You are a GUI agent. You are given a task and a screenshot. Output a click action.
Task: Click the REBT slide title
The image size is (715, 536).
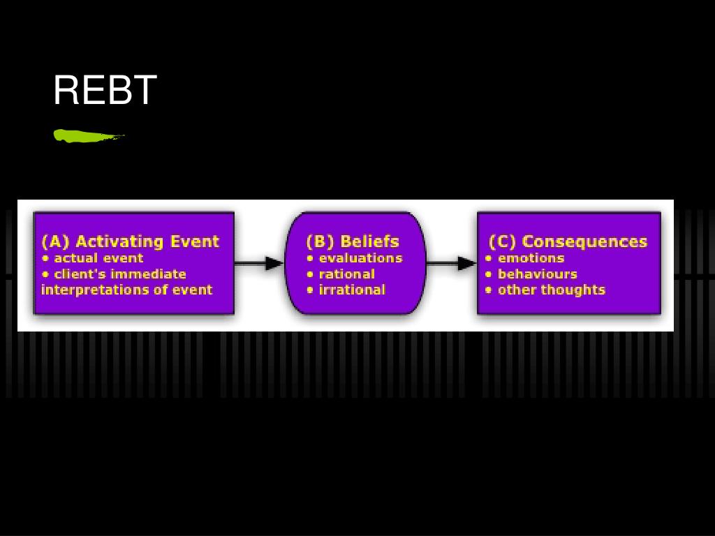click(x=105, y=91)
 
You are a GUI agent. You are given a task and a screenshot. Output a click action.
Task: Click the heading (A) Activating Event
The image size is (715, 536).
click(x=131, y=241)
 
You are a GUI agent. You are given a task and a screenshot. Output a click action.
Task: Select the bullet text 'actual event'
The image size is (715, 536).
click(x=98, y=258)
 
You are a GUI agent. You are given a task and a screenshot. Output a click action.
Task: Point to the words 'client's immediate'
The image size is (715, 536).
click(x=119, y=274)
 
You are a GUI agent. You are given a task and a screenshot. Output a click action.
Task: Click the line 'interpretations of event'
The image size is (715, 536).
click(x=126, y=290)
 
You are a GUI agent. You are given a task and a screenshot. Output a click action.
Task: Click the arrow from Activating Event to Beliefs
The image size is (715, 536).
click(x=258, y=263)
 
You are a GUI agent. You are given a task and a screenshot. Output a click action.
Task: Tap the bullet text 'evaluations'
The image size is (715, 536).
click(x=360, y=258)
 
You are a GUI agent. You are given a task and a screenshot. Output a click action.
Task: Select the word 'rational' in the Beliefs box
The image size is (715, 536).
click(x=346, y=274)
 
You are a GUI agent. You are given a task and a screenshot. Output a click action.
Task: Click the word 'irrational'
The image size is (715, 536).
click(x=351, y=290)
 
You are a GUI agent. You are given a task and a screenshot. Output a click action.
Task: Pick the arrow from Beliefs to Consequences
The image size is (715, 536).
click(x=450, y=263)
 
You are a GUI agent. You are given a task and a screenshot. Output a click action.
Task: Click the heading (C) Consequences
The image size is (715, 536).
click(x=568, y=241)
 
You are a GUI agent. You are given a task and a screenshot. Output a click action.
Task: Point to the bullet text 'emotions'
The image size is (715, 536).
click(x=530, y=258)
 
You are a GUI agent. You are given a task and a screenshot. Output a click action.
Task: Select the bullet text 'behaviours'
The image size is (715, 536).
click(x=537, y=274)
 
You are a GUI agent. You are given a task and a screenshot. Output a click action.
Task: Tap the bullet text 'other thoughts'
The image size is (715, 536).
click(x=551, y=290)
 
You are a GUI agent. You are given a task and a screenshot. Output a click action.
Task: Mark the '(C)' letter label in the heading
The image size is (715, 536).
click(x=502, y=241)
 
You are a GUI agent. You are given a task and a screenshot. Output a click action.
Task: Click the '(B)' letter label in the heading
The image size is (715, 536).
click(x=320, y=241)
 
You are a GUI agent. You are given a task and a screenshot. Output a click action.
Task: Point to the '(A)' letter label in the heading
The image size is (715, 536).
click(x=55, y=241)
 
